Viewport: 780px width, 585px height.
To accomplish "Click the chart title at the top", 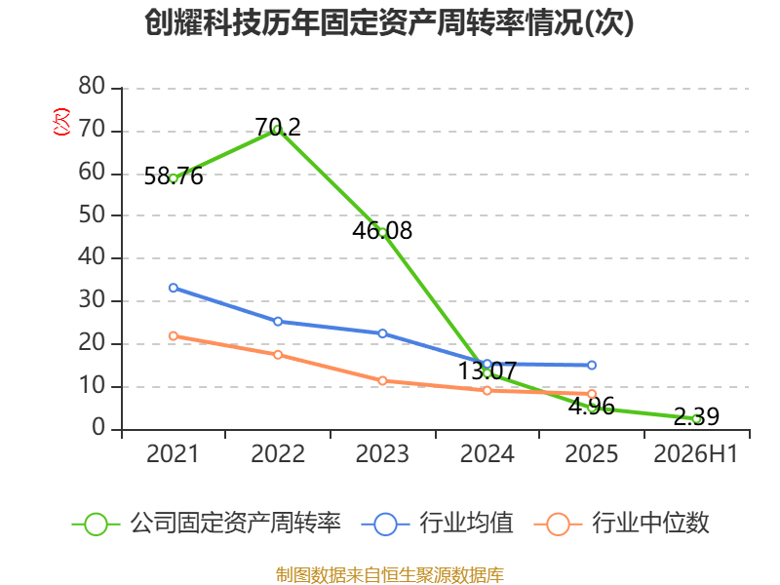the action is (389, 22).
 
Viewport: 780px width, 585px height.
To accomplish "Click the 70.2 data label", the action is (278, 127).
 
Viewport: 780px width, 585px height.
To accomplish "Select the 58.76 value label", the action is (174, 176).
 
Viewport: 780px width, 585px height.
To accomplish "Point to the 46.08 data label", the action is (382, 230).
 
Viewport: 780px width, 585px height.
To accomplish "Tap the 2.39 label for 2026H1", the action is (696, 416).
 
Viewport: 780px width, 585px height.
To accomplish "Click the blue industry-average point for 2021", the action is (174, 288).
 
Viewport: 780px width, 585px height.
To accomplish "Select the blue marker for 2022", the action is (278, 322).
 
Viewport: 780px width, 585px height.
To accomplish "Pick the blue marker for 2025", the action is (592, 365).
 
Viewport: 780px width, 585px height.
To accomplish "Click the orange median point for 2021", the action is (174, 336).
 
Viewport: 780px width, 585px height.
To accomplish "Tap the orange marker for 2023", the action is (382, 381).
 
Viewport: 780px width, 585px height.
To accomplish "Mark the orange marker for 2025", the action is (592, 394).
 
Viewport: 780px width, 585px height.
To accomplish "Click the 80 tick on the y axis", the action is (92, 86).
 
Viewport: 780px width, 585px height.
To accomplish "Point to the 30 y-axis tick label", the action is (92, 300).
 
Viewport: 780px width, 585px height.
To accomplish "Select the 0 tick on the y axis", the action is (98, 428).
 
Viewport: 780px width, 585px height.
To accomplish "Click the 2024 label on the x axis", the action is (487, 453).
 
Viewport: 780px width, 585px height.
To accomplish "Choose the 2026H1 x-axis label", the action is (696, 453).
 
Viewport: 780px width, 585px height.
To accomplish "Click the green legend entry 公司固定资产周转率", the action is (207, 524).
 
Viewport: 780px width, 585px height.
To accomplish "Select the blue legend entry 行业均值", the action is (437, 524).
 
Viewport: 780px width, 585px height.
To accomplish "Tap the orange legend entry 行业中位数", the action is (621, 524).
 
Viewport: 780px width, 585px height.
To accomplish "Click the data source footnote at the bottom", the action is (390, 575).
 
